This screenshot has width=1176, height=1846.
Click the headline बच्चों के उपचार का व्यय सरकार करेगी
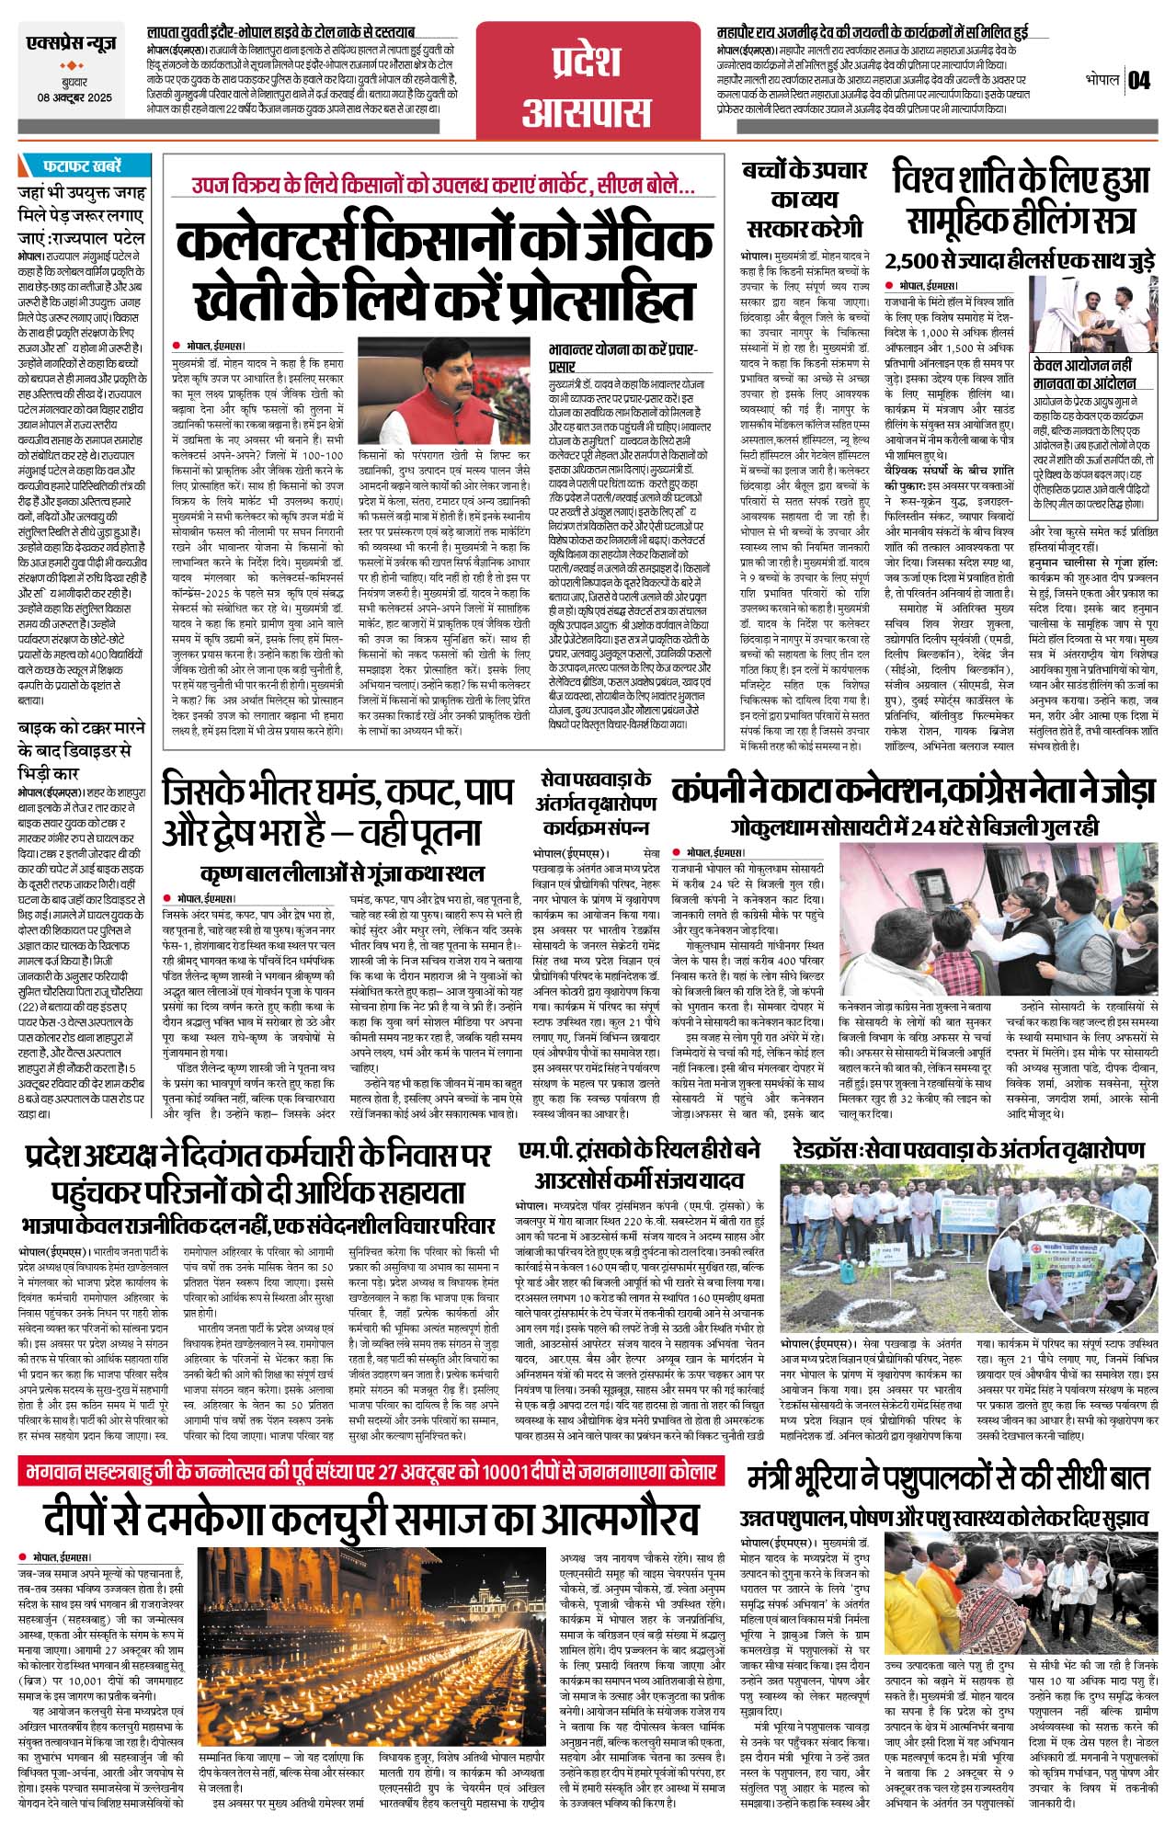[x=805, y=199]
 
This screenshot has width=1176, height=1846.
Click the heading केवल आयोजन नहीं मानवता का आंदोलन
[x=1085, y=374]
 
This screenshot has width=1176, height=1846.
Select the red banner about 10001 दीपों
[x=368, y=1472]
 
